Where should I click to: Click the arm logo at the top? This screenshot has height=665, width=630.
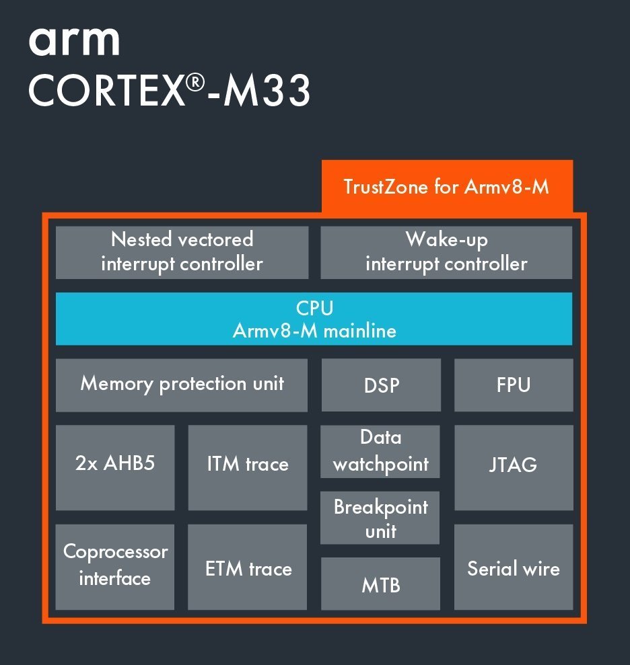[x=74, y=41]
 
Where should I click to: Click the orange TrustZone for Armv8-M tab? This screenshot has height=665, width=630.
[x=447, y=186]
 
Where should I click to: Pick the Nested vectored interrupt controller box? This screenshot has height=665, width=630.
[x=182, y=252]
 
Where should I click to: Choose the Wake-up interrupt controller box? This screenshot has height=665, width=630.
[x=446, y=252]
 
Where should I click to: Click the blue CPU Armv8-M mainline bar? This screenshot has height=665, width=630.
[x=314, y=319]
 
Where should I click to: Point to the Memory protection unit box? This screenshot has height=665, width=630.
[x=182, y=385]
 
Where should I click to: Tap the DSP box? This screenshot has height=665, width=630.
[x=381, y=385]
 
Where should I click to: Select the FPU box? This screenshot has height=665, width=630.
[x=514, y=385]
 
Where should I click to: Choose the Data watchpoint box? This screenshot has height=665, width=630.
[x=381, y=451]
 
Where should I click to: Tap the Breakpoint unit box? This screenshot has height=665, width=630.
[x=381, y=518]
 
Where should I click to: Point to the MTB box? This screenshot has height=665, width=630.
[x=381, y=584]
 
